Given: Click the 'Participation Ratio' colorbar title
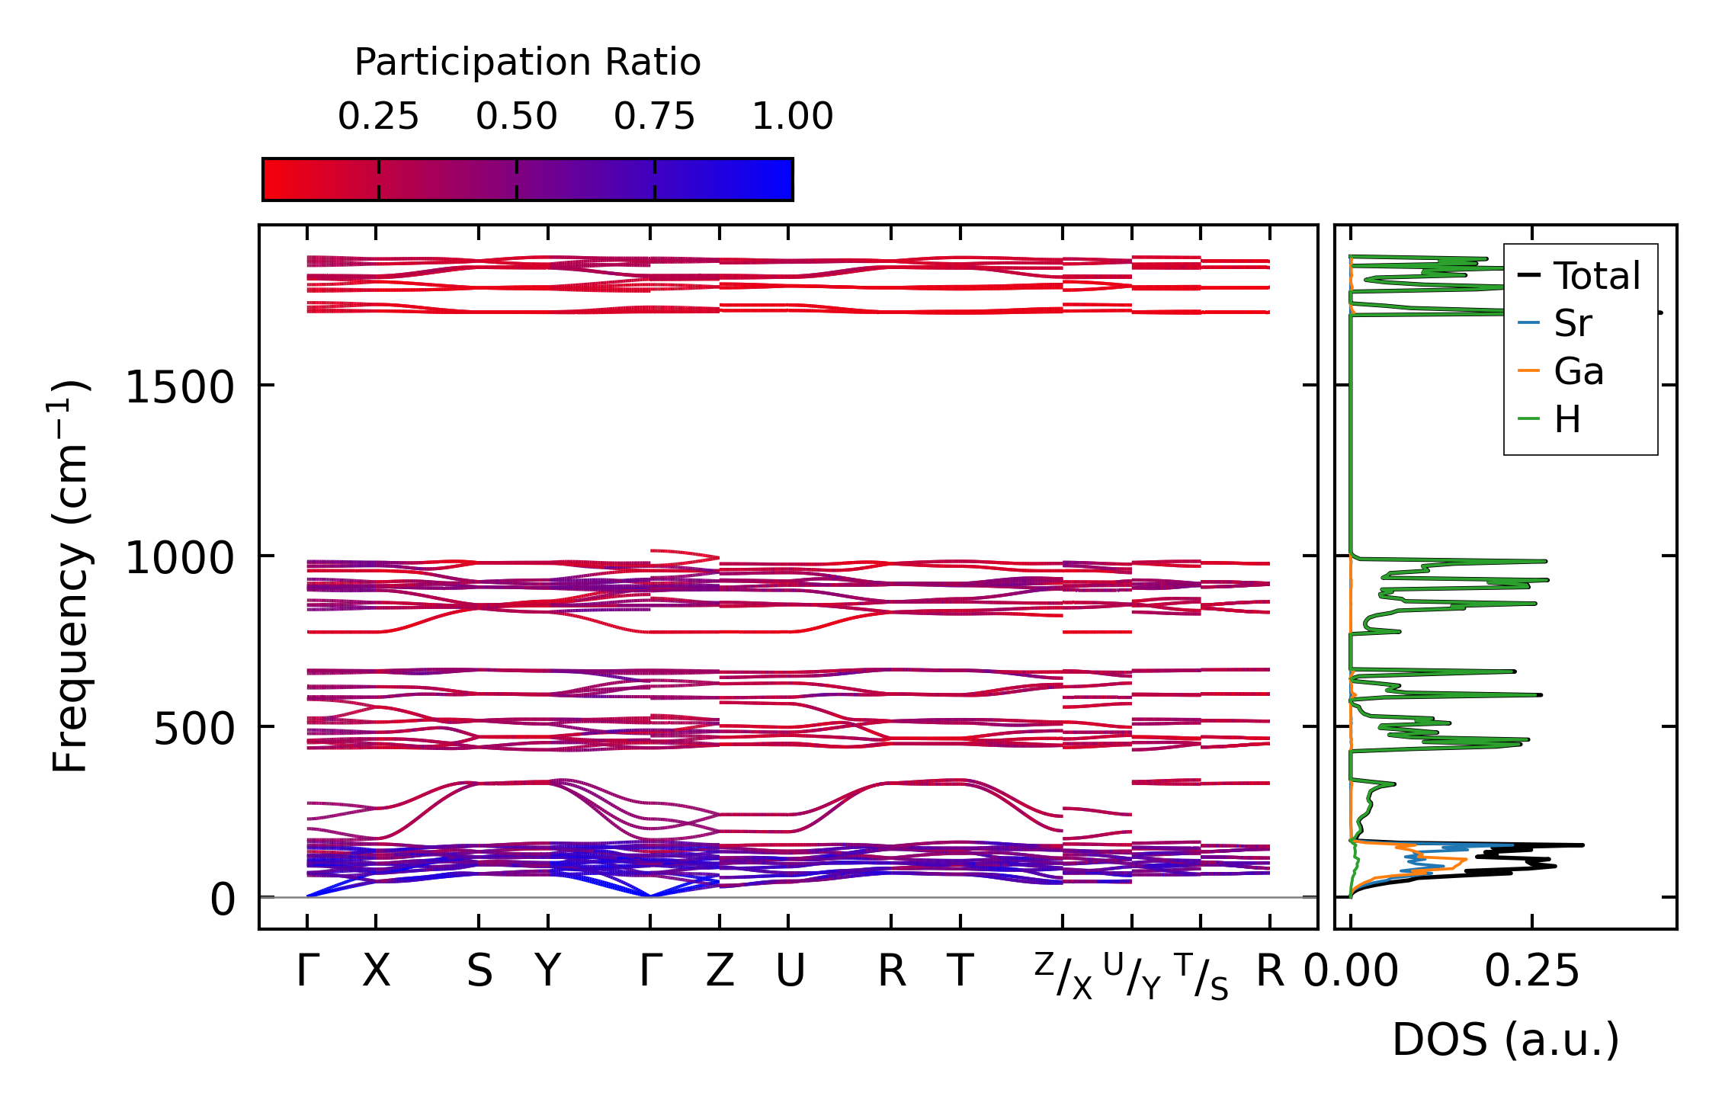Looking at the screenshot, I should tap(528, 63).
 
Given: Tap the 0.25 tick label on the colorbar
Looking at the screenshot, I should tap(378, 117).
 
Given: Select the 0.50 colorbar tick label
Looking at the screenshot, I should tap(516, 117).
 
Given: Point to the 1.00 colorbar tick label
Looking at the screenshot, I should tap(792, 117).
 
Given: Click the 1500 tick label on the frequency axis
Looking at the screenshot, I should tap(179, 387).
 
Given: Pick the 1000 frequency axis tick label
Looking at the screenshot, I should tap(179, 558).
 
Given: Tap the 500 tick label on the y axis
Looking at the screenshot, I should tap(194, 729).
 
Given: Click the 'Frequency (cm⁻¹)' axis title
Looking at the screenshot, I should tap(70, 576).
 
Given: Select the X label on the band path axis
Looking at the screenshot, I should tap(376, 971).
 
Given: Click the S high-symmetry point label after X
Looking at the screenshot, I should tap(479, 971).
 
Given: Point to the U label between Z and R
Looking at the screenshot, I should tap(789, 971).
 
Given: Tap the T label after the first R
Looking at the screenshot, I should tap(960, 971).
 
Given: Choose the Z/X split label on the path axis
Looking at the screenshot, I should tap(1063, 976).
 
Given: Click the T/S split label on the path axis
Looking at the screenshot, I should tap(1201, 976).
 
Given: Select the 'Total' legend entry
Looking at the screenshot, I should tap(1596, 275).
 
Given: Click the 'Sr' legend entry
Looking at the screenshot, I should tap(1573, 323).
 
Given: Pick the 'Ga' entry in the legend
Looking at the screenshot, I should tap(1578, 371).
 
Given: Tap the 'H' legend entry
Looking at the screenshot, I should tap(1567, 419).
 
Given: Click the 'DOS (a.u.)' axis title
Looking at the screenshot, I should tap(1506, 1040).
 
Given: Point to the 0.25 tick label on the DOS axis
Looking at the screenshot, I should tap(1531, 971).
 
